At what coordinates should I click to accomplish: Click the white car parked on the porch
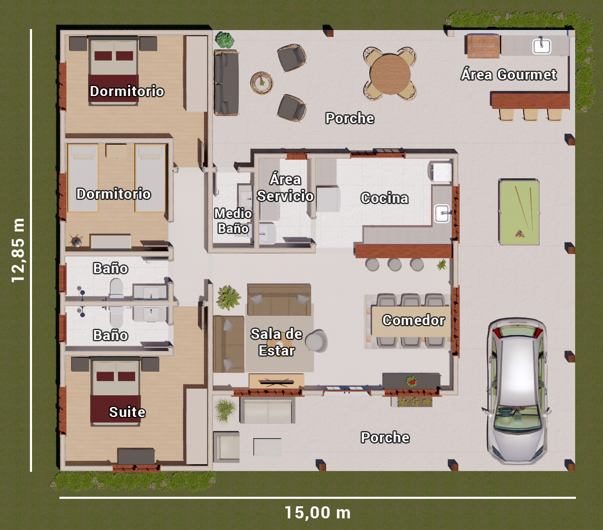click(x=517, y=391)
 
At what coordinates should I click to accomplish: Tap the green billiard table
click(x=519, y=212)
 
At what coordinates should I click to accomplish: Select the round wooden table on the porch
click(x=390, y=74)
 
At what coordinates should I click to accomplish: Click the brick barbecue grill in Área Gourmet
click(x=483, y=46)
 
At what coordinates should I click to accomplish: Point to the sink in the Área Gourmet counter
click(x=542, y=47)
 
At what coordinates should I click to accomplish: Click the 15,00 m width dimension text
click(x=318, y=513)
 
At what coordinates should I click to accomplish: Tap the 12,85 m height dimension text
click(x=18, y=250)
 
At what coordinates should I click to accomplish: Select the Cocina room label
click(x=384, y=198)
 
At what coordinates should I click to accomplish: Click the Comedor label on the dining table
click(x=413, y=320)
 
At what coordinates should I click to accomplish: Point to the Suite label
click(x=127, y=412)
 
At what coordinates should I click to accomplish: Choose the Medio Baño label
click(x=233, y=221)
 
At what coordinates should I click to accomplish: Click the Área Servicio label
click(x=285, y=188)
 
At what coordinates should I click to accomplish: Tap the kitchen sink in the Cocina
click(x=442, y=213)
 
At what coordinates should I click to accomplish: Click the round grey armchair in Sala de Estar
click(x=317, y=341)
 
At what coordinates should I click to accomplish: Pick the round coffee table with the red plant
click(x=262, y=83)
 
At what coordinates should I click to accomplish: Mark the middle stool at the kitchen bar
click(x=394, y=264)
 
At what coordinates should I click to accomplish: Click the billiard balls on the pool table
click(x=520, y=233)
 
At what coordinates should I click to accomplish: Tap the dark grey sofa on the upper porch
click(x=226, y=83)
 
